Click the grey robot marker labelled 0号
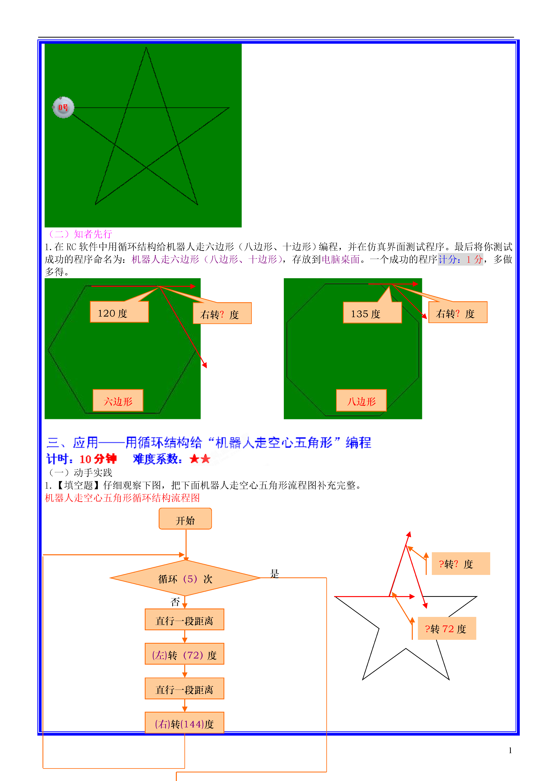[x=63, y=107]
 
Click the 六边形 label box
[x=118, y=400]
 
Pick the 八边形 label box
[x=361, y=400]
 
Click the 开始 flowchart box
[x=185, y=519]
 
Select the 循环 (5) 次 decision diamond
[x=185, y=578]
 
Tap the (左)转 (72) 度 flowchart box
[x=184, y=654]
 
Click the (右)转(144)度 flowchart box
[x=184, y=722]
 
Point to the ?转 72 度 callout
[x=447, y=628]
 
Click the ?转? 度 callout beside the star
[x=461, y=564]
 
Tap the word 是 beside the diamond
[x=274, y=574]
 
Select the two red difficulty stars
[x=200, y=459]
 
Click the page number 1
[x=510, y=750]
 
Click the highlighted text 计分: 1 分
[x=460, y=260]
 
